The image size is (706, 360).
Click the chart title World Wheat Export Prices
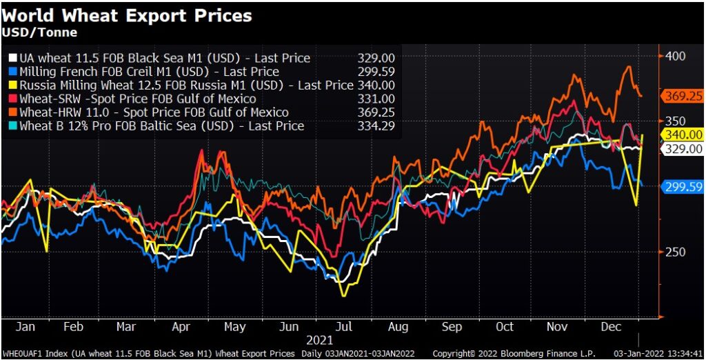coord(127,14)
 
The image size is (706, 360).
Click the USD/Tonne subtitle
coord(39,32)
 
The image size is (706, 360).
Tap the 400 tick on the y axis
coord(674,55)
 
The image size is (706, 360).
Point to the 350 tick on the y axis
coord(674,121)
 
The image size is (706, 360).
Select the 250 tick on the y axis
coord(674,252)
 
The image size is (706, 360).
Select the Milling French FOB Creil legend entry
coord(149,72)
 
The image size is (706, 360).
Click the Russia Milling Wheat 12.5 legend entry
coord(186,86)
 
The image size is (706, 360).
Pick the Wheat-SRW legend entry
coord(138,99)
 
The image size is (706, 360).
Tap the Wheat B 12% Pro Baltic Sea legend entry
coord(162,126)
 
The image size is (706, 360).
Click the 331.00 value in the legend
coord(376,99)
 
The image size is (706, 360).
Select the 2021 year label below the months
coord(319,339)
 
